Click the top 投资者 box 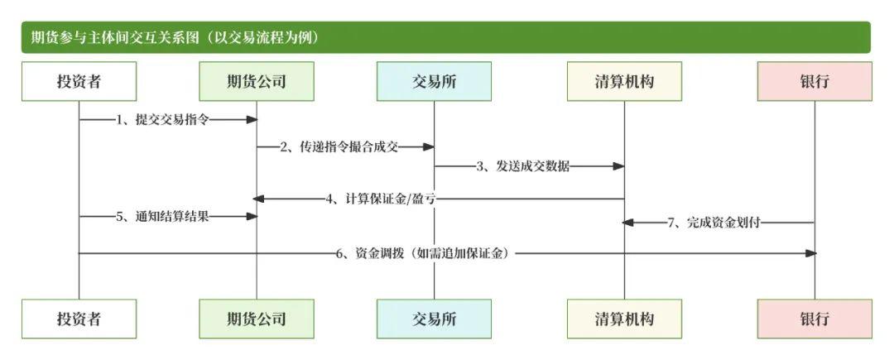pos(79,81)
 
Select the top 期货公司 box pos(257,81)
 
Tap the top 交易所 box pos(434,81)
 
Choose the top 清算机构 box pos(624,81)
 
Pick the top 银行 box pos(815,81)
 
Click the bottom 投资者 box pos(79,319)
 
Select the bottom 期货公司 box pos(257,319)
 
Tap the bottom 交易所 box pos(434,319)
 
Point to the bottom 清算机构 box pos(624,319)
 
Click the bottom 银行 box pos(815,319)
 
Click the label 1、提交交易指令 pos(162,120)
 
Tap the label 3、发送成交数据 pos(523,166)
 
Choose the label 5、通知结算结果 pos(162,217)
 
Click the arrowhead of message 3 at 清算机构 pos(618,166)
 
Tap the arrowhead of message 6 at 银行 pos(810,253)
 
